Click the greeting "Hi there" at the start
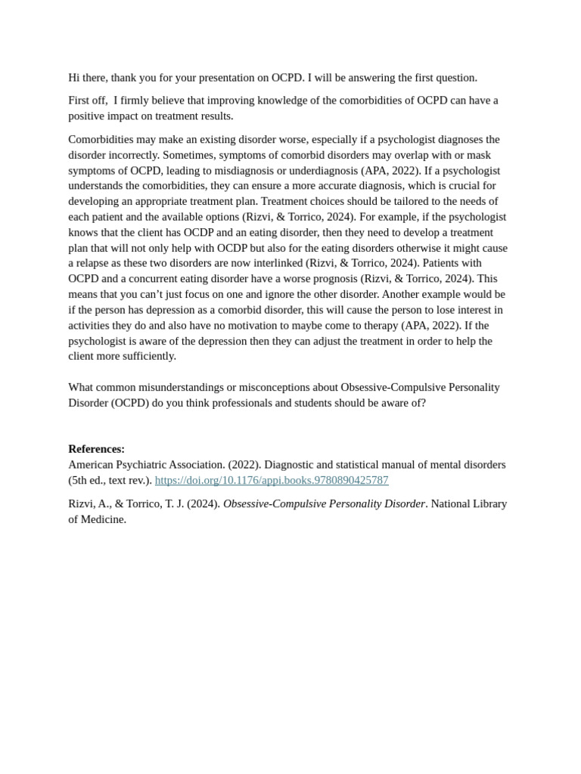point(89,78)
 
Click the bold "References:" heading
point(96,449)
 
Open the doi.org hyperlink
point(272,481)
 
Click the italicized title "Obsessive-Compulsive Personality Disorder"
point(324,504)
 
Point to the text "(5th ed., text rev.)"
point(110,481)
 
